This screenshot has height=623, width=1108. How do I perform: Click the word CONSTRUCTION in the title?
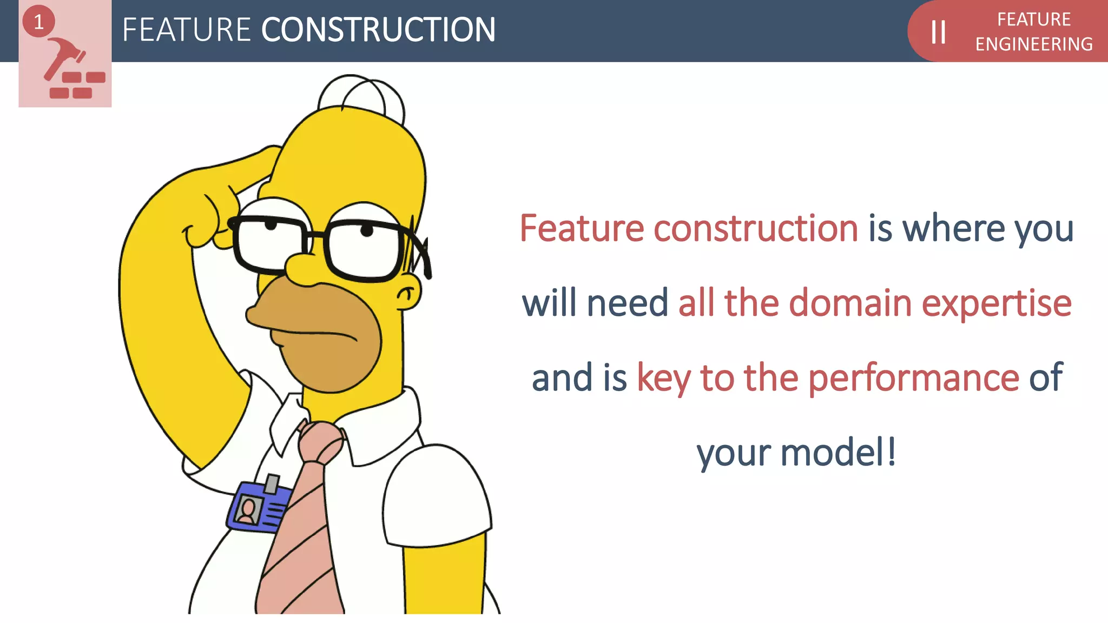click(378, 30)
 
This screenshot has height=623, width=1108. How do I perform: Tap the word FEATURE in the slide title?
click(186, 30)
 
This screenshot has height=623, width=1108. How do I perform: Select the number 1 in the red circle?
click(38, 22)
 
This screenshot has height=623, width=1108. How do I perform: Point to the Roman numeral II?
click(938, 32)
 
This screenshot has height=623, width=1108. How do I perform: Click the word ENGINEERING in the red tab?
click(1033, 44)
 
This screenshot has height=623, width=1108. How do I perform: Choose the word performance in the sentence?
click(913, 377)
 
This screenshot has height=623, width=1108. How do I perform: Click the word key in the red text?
click(663, 379)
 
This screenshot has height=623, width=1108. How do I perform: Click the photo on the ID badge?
click(248, 510)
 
